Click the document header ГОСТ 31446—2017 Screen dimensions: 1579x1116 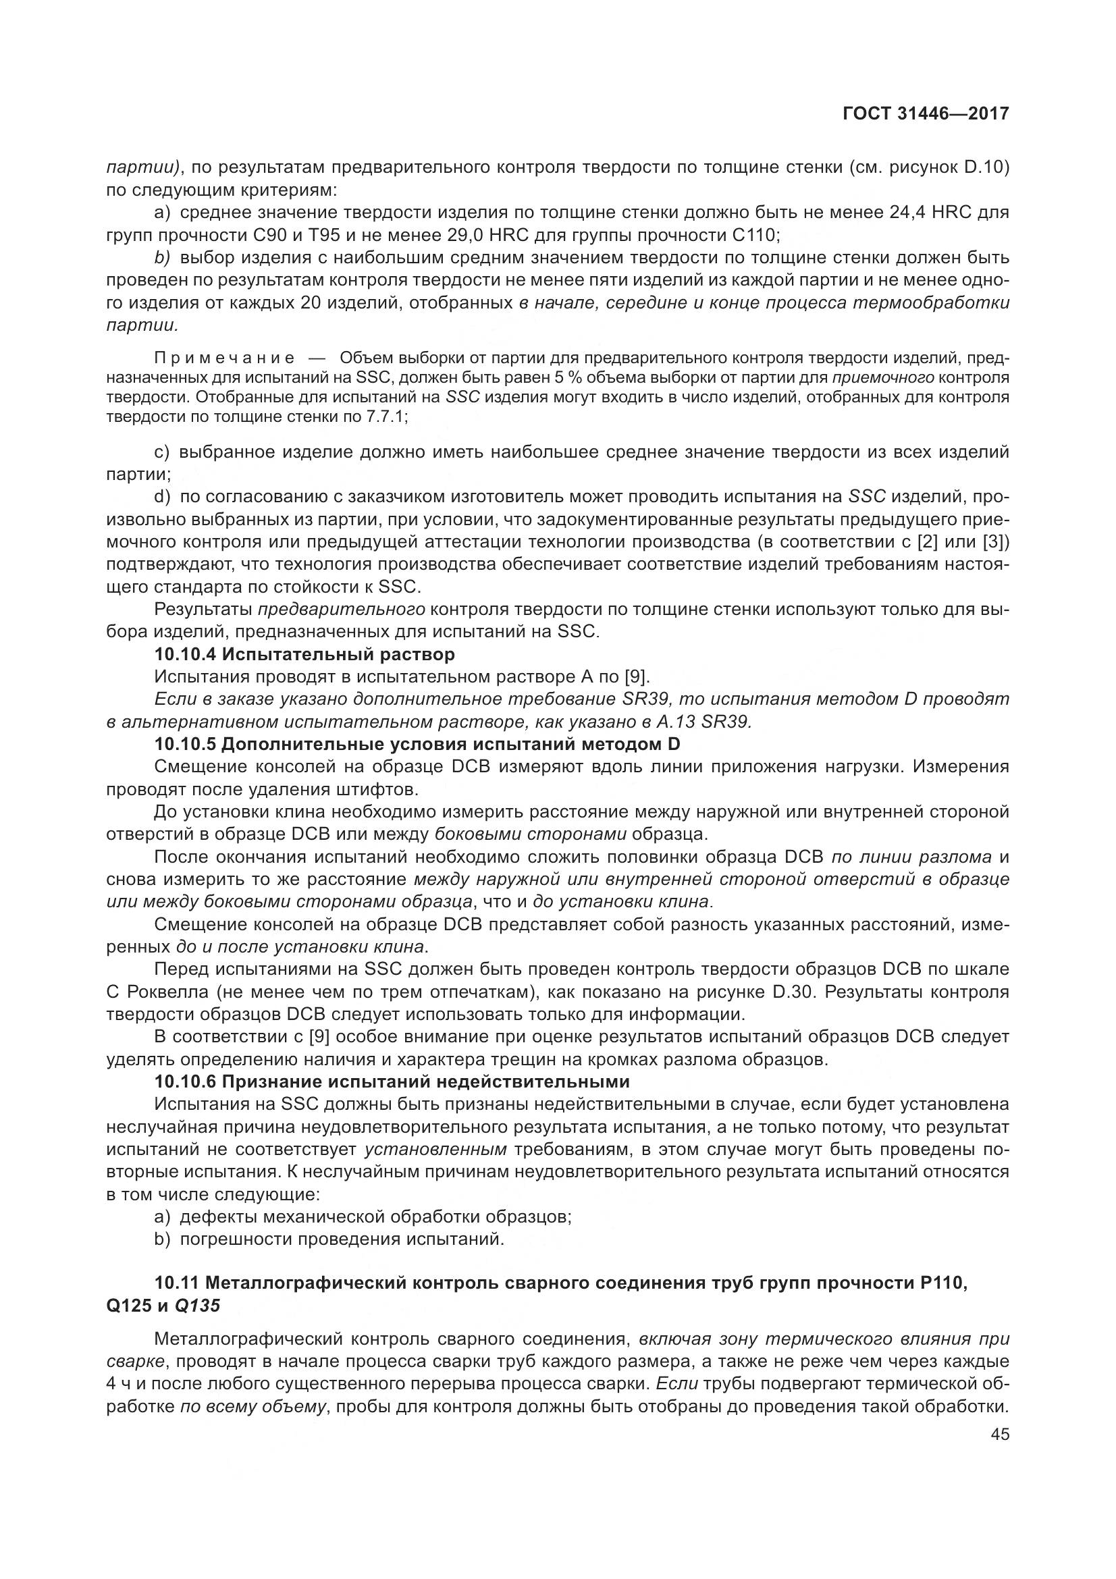coord(926,113)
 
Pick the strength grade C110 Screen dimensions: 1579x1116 coord(754,235)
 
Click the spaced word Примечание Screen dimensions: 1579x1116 coord(225,358)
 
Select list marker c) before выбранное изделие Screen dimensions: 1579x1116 coord(161,452)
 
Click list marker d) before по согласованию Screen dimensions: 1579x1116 coord(161,497)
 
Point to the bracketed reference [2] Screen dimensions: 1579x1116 coord(929,542)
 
